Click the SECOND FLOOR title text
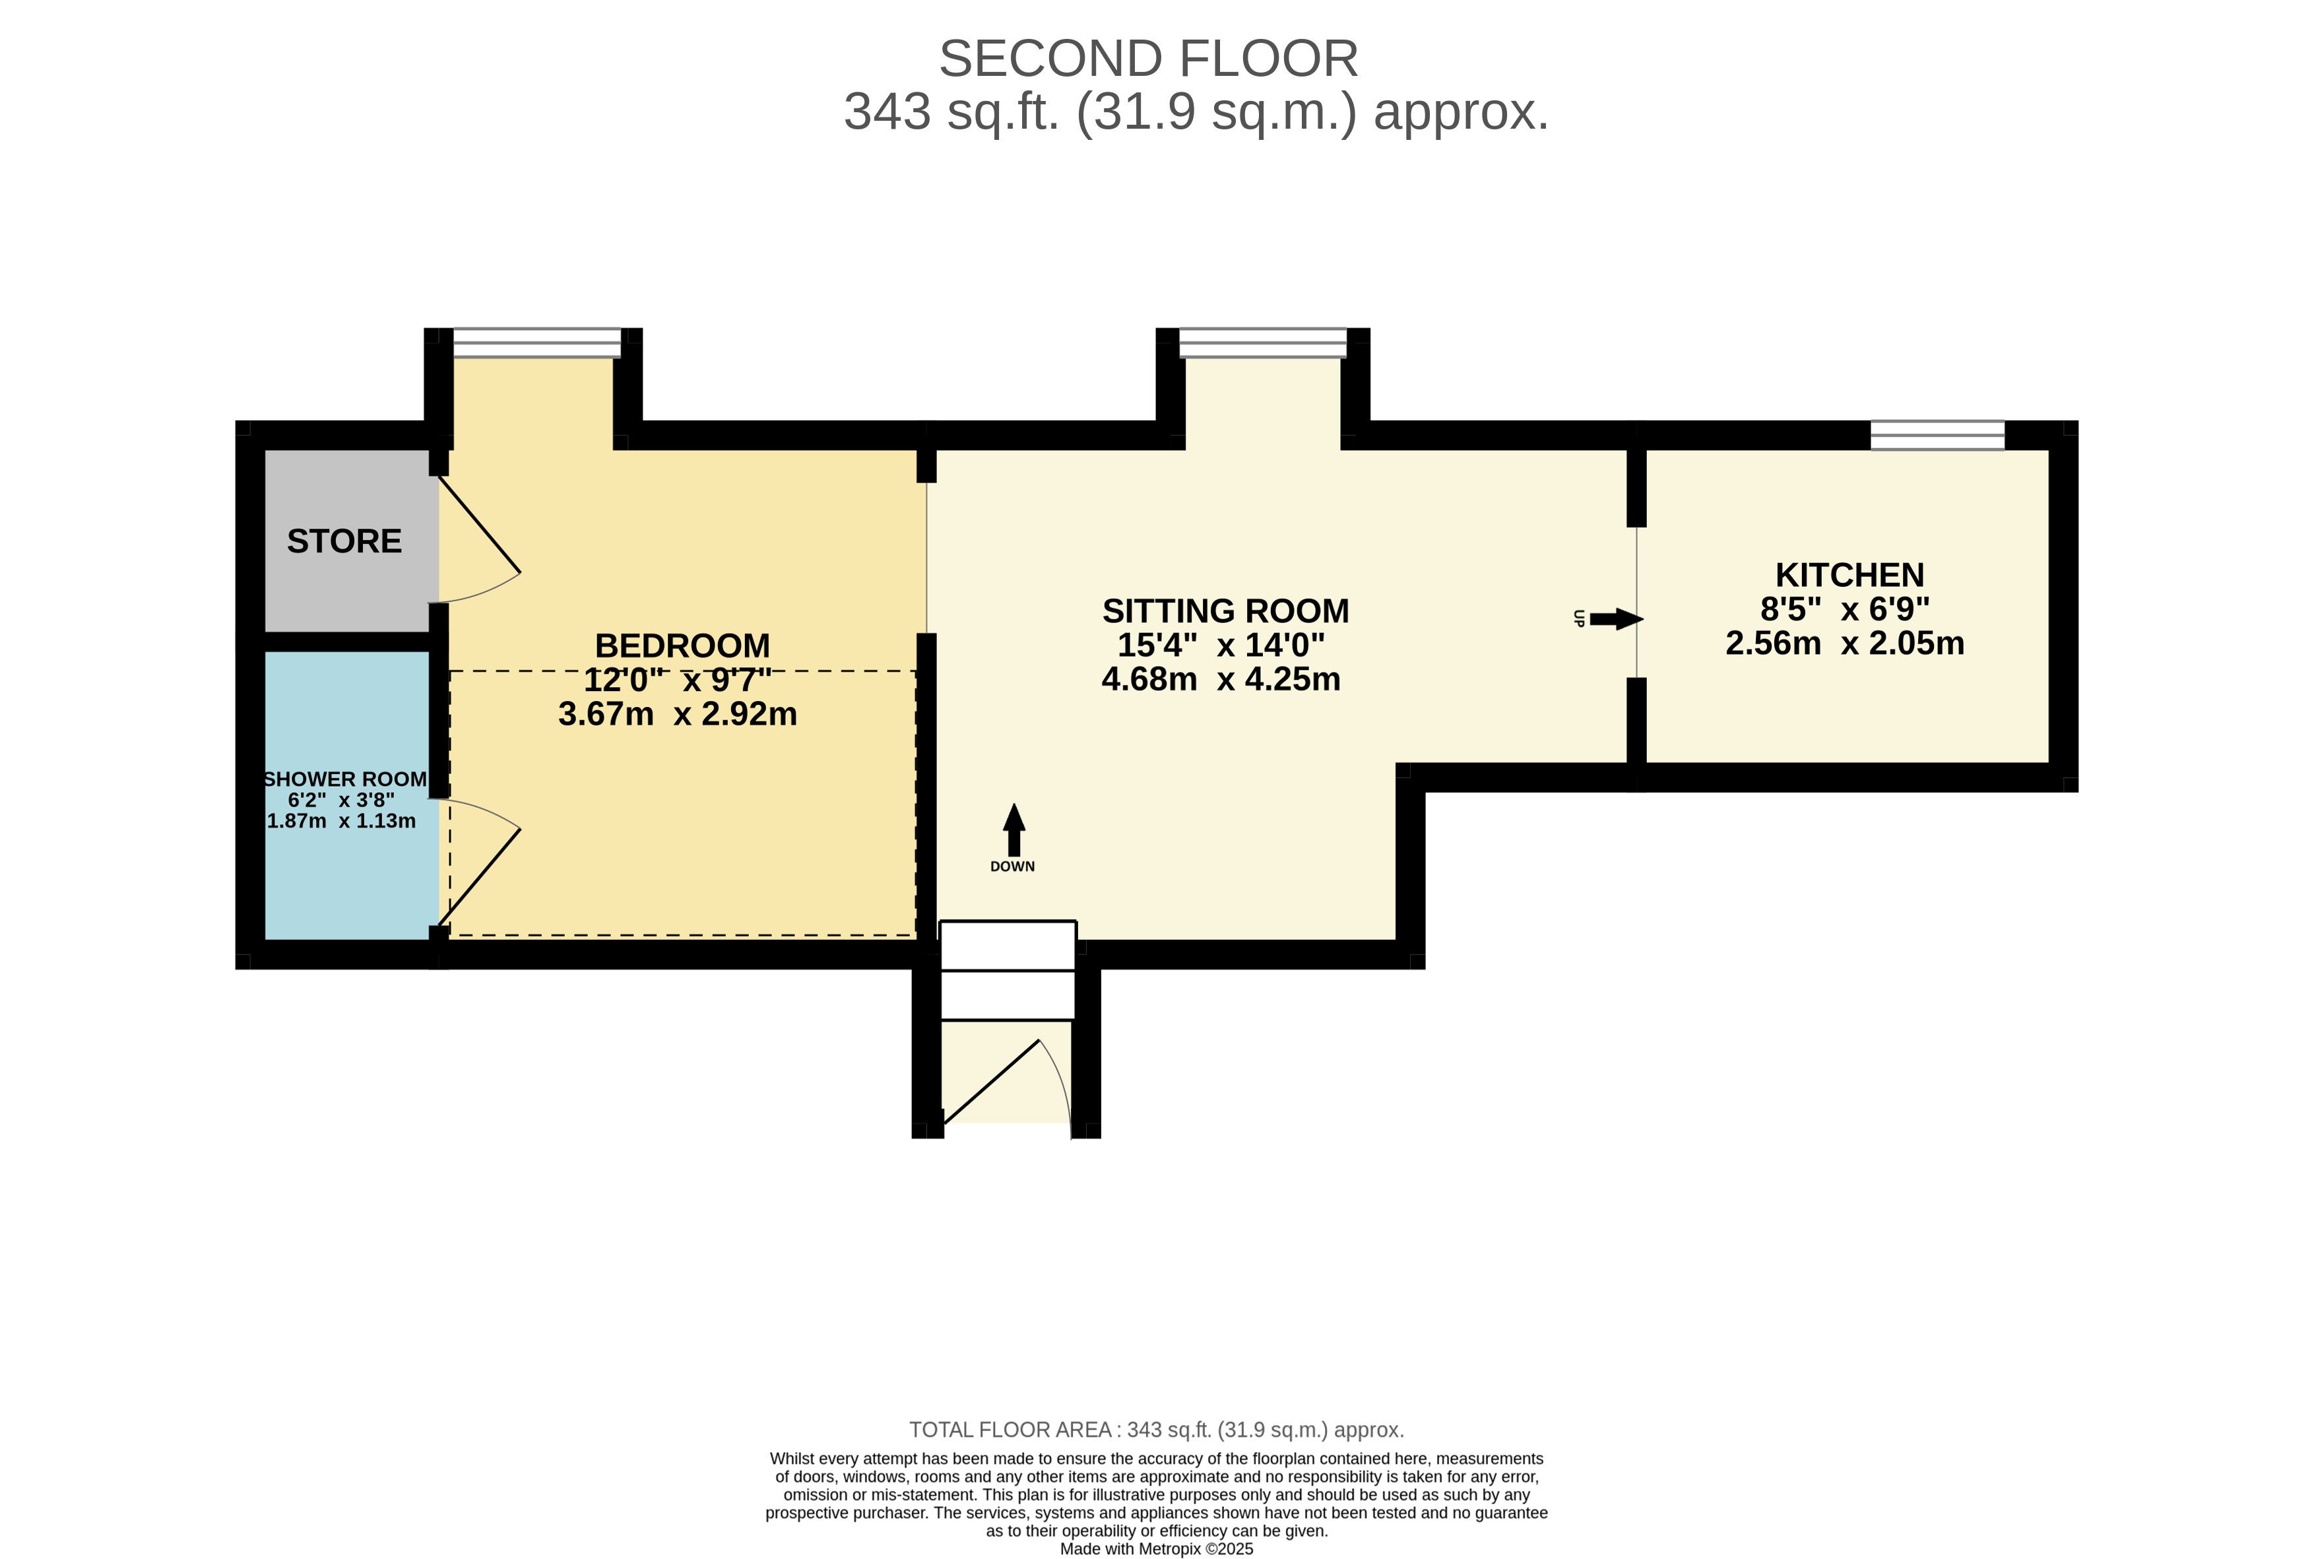tap(1148, 59)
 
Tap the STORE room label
tap(344, 541)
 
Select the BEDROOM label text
tap(682, 646)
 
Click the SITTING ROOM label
tap(1225, 611)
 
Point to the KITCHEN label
tap(1849, 576)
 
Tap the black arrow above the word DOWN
tap(1013, 828)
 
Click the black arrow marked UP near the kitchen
tap(1615, 619)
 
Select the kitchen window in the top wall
tap(1937, 436)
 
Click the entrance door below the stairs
tap(1004, 1084)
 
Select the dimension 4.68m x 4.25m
tap(1221, 680)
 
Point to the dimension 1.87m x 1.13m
tap(341, 821)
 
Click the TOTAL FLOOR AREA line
tap(1156, 1430)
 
